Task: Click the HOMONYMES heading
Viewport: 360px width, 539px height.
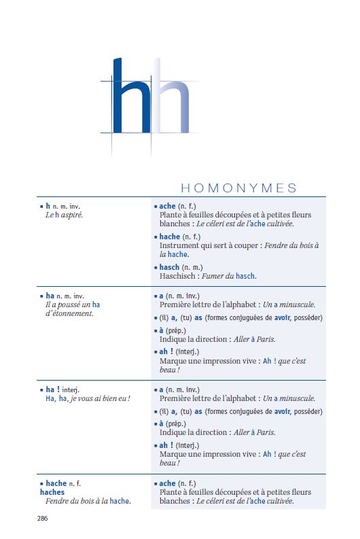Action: pos(238,188)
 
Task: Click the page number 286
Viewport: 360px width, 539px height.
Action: pos(42,518)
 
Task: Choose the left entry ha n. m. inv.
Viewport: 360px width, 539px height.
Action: pos(65,296)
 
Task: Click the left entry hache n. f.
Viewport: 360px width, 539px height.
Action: pos(67,483)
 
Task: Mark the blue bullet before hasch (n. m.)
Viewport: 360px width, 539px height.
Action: pos(156,268)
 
